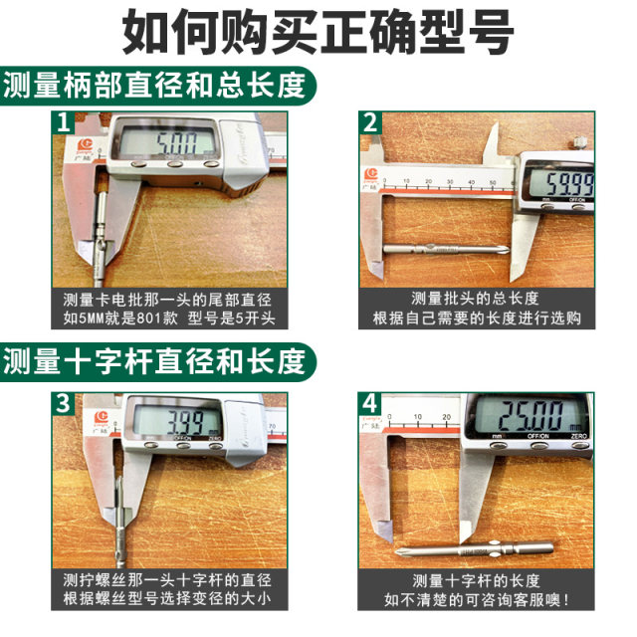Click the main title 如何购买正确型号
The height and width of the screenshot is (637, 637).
[318, 33]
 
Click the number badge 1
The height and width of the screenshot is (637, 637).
[64, 123]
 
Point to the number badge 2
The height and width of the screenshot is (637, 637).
[370, 123]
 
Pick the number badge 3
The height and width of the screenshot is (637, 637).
[64, 404]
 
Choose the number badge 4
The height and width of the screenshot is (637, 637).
[370, 404]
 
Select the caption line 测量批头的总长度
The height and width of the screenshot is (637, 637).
[475, 299]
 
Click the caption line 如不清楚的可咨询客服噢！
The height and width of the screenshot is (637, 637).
[475, 601]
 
